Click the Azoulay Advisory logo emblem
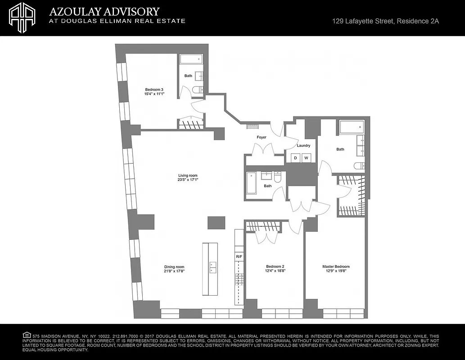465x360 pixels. [x=23, y=18]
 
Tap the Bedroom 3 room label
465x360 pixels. [x=154, y=89]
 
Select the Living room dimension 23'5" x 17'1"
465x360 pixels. [x=188, y=180]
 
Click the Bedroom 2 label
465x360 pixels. [x=275, y=266]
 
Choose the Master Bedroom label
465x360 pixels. [x=336, y=266]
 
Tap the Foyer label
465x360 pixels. [x=262, y=137]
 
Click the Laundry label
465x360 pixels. [x=303, y=145]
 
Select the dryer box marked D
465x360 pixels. [x=296, y=158]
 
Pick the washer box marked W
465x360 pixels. [x=307, y=158]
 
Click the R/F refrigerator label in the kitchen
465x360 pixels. [x=239, y=256]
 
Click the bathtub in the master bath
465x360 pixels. [x=351, y=127]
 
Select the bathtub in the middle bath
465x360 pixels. [x=251, y=183]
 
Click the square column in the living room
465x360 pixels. [x=216, y=223]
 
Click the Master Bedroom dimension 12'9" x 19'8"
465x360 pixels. [x=336, y=271]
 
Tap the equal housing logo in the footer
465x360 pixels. [x=27, y=335]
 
